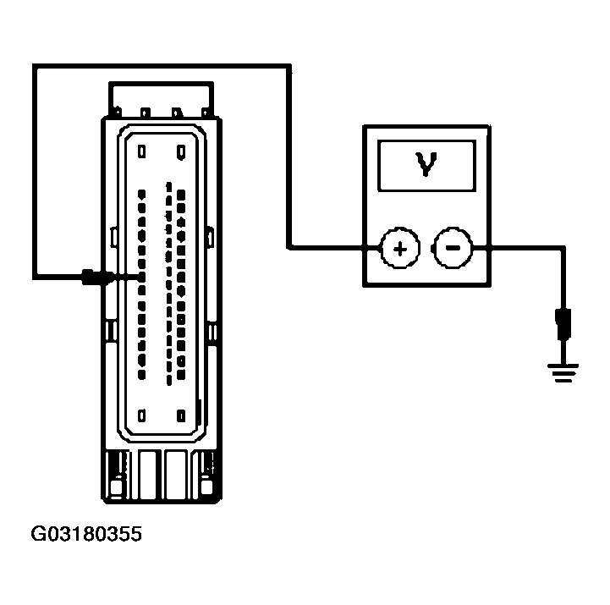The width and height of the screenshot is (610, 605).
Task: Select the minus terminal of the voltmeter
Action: pos(452,248)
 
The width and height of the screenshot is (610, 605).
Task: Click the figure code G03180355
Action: pos(88,535)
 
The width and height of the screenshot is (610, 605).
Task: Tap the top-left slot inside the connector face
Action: pos(141,152)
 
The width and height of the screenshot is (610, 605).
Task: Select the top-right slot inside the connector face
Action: pos(182,152)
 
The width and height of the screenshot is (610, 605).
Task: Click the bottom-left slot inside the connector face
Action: pos(141,415)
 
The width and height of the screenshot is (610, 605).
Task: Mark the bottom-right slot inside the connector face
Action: pos(182,415)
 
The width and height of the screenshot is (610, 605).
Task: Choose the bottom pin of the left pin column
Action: pos(141,372)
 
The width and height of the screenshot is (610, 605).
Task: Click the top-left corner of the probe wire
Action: pos(35,65)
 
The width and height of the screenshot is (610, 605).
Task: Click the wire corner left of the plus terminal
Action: pos(289,248)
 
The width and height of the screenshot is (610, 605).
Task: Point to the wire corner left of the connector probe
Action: pos(35,277)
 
